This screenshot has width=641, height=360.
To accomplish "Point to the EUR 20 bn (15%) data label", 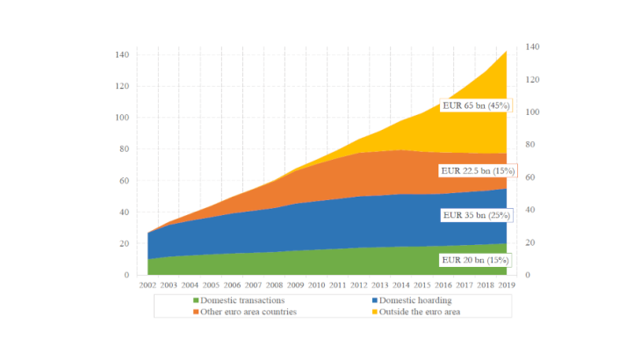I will [474, 260].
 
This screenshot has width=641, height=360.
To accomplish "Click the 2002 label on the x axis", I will [148, 285].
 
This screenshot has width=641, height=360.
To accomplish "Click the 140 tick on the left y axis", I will [121, 54].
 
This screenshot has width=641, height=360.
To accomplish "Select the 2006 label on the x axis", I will [231, 285].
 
